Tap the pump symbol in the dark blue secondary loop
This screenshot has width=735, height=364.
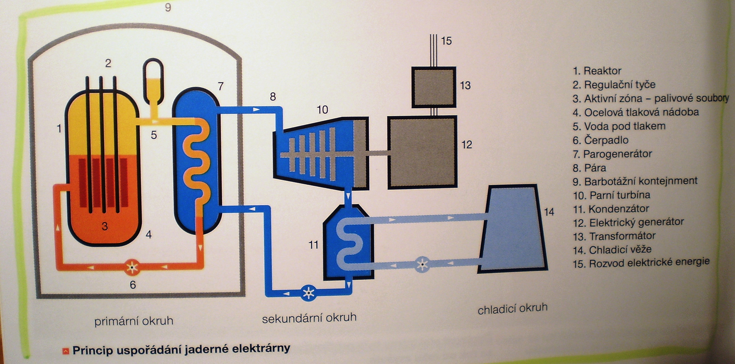point(308,293)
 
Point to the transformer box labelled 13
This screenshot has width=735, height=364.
point(433,87)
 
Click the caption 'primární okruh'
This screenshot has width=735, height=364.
point(134,321)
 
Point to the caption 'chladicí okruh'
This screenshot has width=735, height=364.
point(512,309)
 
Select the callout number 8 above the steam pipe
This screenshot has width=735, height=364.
point(273,97)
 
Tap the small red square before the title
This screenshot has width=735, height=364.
point(66,351)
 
